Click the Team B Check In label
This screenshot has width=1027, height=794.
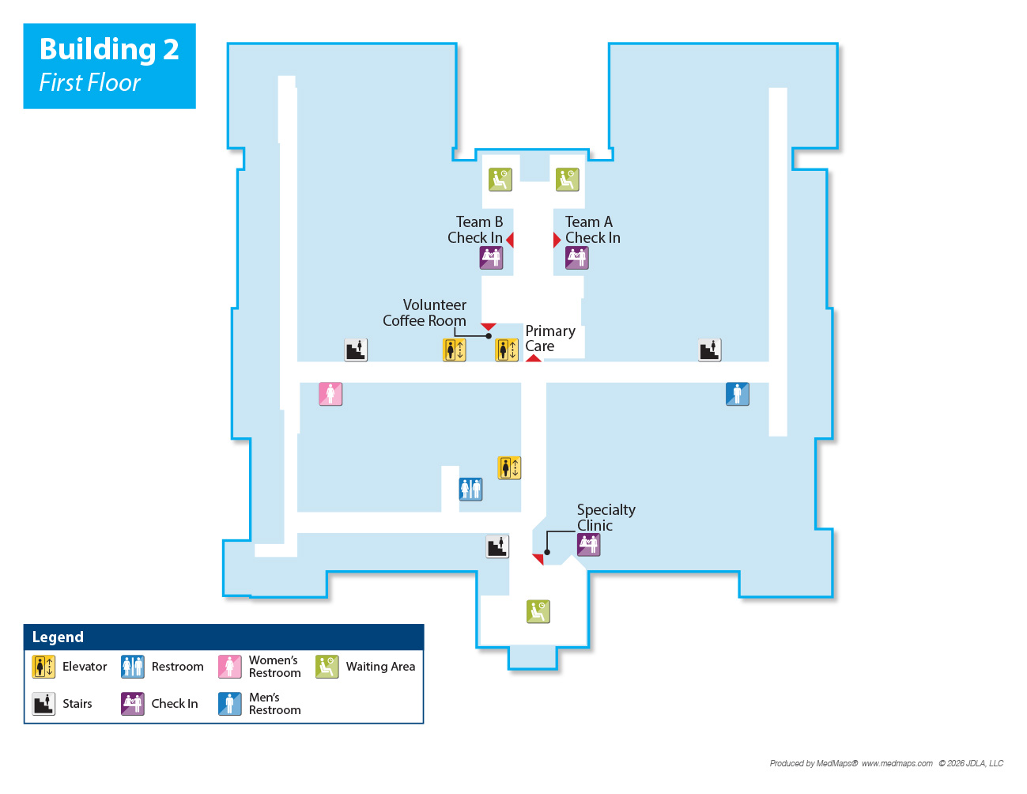click(x=475, y=230)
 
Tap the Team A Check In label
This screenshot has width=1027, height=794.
click(x=592, y=230)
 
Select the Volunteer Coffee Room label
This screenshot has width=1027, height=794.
click(x=425, y=312)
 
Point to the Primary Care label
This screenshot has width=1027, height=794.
click(x=549, y=338)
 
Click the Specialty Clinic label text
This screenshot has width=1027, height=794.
click(x=606, y=517)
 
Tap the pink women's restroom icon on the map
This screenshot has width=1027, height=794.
click(x=330, y=394)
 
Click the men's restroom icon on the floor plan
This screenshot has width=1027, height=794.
click(x=737, y=394)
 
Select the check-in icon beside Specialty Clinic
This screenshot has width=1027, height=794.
click(x=588, y=545)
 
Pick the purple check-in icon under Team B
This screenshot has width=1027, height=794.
click(x=491, y=258)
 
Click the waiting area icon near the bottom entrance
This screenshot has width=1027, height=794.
click(x=538, y=611)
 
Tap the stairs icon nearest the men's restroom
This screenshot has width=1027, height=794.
click(x=710, y=350)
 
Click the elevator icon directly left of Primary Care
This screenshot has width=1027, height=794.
click(x=507, y=350)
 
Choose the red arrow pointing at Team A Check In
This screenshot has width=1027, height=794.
click(x=557, y=240)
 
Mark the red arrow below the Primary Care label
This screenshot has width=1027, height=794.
click(x=534, y=358)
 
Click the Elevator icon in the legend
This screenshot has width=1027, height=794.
click(x=43, y=667)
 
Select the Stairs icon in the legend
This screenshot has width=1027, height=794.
click(x=43, y=704)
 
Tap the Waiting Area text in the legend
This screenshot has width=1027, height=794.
click(x=380, y=667)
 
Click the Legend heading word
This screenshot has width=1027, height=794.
click(x=58, y=637)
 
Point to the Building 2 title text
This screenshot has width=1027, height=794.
click(x=109, y=49)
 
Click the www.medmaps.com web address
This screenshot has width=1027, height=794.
click(x=897, y=764)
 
